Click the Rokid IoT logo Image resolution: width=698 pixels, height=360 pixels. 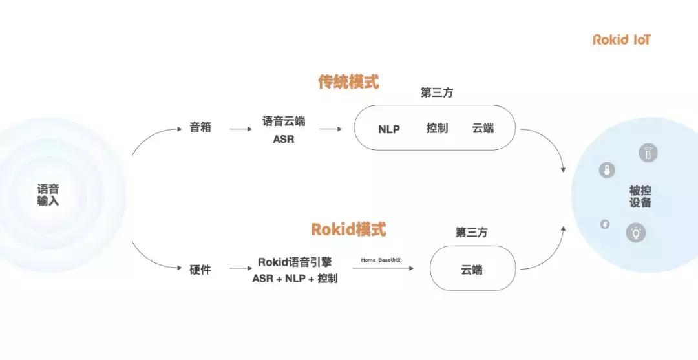coord(622,40)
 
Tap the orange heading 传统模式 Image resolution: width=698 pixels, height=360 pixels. coord(348,82)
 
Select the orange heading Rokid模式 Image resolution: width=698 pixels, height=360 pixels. coord(348,229)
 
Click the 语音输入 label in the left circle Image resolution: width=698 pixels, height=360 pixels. coord(48,195)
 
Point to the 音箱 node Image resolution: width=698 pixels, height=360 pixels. coord(200,128)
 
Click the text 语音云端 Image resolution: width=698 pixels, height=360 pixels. coord(283,121)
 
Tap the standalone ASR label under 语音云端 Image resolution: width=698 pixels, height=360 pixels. coord(283,139)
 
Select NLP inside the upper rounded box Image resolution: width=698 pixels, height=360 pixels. coord(389,129)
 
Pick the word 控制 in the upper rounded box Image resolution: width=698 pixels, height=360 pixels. coord(437,129)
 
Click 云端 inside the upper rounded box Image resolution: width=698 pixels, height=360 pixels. coord(483,129)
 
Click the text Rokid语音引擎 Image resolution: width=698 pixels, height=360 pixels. coord(295,262)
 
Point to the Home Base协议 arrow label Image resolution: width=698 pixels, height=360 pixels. coord(381,260)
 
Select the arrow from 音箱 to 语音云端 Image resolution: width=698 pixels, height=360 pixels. coord(240,129)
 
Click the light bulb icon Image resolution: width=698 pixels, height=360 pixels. coord(636,233)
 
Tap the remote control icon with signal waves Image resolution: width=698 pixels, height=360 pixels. coord(648,153)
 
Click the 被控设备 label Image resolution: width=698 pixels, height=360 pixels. coord(640,196)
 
